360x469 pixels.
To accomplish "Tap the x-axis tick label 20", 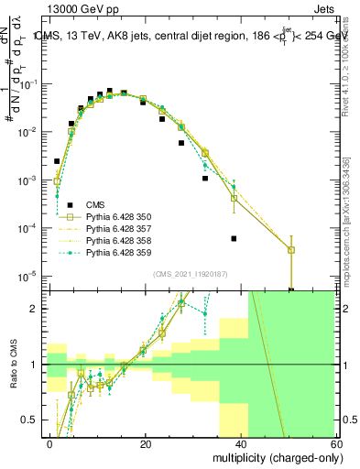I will coord(145,442).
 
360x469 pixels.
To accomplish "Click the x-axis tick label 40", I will coord(240,442).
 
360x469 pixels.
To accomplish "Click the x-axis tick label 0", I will coord(49,442).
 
